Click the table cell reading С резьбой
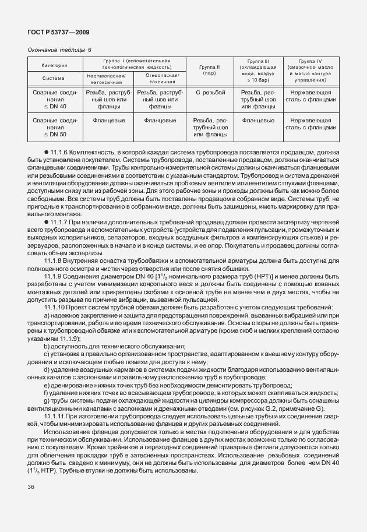click(x=209, y=93)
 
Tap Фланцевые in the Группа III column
click(x=258, y=120)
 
